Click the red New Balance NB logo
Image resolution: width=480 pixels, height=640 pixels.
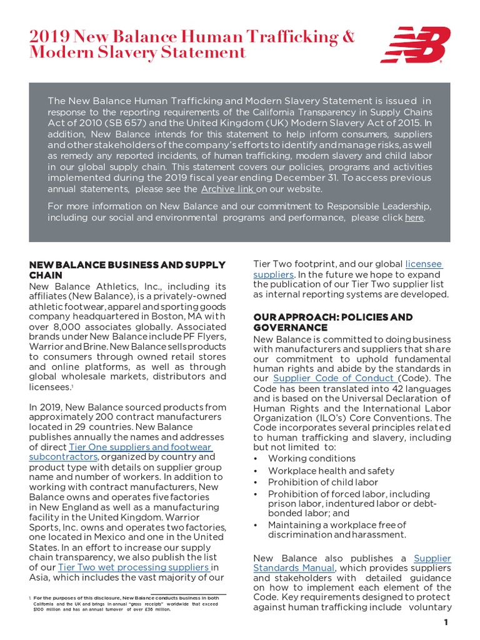(416, 44)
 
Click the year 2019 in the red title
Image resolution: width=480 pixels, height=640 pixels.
(47, 37)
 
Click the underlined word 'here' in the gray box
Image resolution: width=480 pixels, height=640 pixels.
(414, 217)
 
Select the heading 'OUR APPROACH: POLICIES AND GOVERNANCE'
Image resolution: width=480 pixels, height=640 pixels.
(332, 322)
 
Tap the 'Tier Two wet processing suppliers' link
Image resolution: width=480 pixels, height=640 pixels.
(133, 567)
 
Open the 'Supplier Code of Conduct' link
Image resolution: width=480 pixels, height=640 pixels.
(334, 379)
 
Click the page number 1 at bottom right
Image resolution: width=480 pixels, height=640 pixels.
(446, 622)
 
